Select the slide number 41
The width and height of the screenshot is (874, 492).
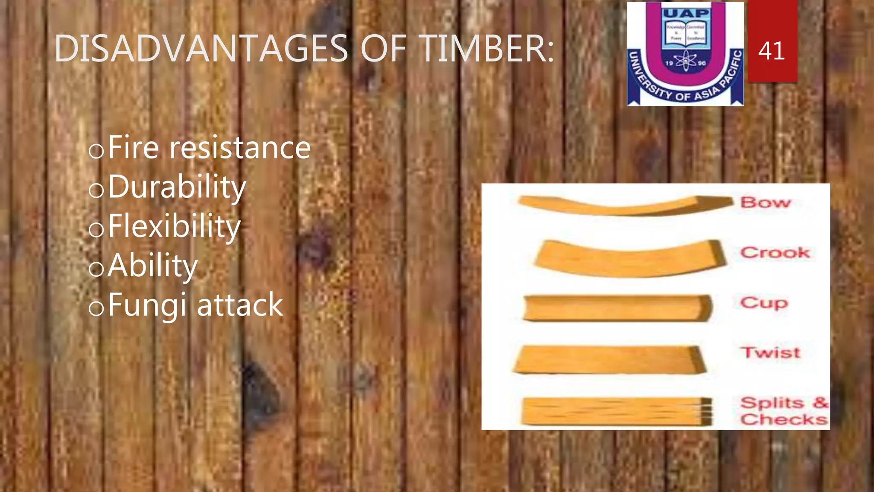tap(772, 50)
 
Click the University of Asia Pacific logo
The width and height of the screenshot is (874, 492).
tap(685, 53)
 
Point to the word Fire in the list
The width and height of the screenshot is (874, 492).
tap(134, 147)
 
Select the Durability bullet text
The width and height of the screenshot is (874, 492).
tap(177, 187)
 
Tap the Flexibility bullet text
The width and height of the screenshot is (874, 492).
tap(174, 226)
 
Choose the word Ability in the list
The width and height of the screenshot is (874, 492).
tap(153, 266)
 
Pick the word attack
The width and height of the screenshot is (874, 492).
tap(240, 306)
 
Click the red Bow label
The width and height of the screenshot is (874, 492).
tap(766, 202)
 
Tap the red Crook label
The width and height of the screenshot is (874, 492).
tap(775, 252)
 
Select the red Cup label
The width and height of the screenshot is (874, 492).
tap(764, 303)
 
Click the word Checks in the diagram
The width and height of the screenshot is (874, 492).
tap(784, 419)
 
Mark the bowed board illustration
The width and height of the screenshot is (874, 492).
tap(625, 205)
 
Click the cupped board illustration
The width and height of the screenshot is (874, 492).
tap(617, 308)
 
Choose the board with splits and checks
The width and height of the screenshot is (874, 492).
tap(617, 411)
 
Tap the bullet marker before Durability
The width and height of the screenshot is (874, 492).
tap(96, 190)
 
